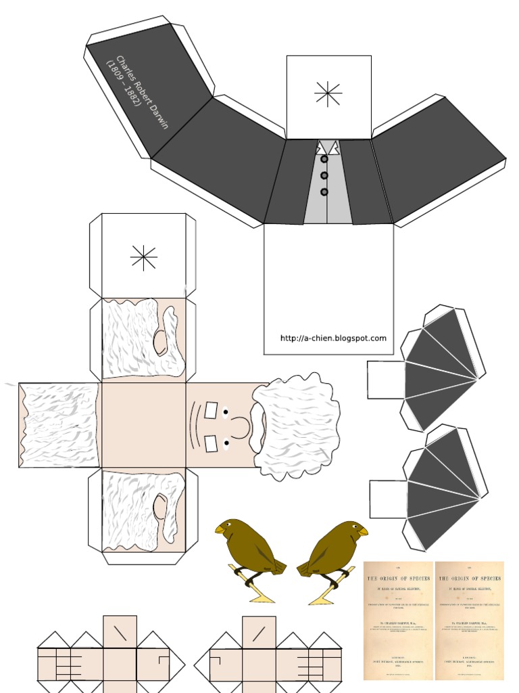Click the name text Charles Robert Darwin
tap(143, 92)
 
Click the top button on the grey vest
tap(324, 160)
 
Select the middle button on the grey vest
tap(324, 176)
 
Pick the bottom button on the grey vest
tap(324, 192)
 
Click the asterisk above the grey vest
tap(328, 94)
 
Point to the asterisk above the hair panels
tap(144, 258)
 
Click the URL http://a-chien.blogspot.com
tap(333, 338)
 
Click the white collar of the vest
tap(328, 147)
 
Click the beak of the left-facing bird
tap(219, 530)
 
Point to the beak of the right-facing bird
tap(364, 531)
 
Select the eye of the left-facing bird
tap(228, 524)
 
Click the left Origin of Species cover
tap(399, 620)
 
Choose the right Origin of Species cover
tap(470, 620)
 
